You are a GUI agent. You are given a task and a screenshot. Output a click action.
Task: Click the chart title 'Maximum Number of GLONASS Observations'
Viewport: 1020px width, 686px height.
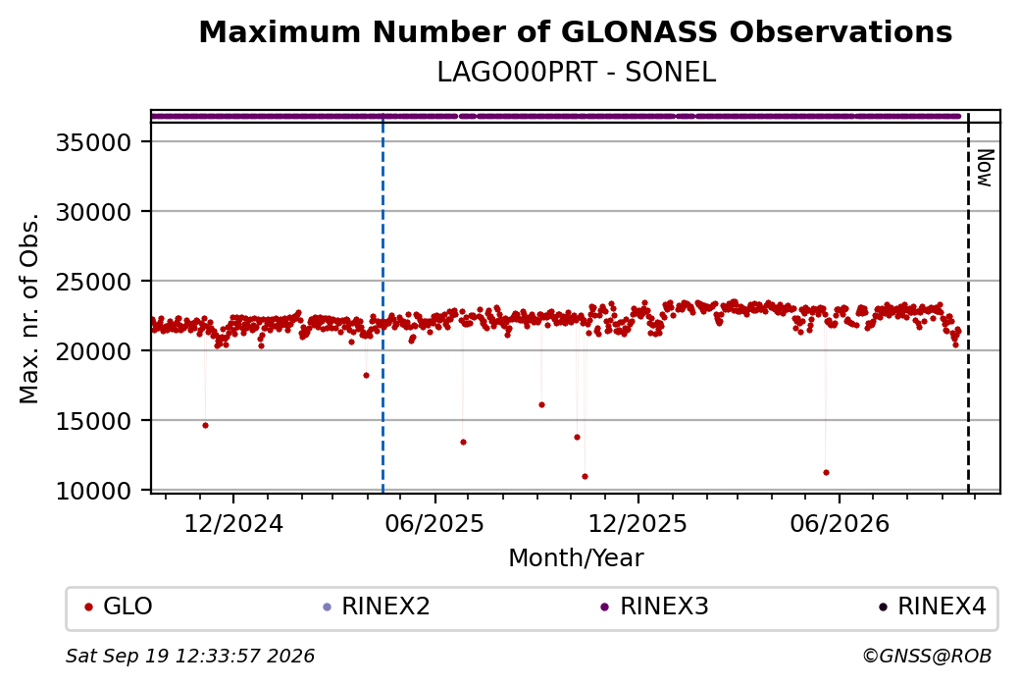(x=575, y=31)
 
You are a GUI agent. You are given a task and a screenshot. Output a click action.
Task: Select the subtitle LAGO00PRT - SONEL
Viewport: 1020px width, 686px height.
(x=576, y=73)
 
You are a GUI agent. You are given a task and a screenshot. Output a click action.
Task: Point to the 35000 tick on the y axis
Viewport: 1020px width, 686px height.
(x=94, y=142)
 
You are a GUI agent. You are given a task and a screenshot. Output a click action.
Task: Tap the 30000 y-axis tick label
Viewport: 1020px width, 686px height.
(x=94, y=212)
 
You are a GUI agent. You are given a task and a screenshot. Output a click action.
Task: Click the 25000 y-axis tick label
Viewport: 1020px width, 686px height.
(x=94, y=281)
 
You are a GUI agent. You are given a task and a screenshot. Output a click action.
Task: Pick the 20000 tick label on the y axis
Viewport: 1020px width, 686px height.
(x=94, y=350)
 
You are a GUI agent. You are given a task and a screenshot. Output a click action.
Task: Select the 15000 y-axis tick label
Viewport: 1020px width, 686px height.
(x=94, y=420)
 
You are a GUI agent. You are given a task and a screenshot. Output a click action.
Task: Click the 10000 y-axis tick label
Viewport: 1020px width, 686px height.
(x=94, y=490)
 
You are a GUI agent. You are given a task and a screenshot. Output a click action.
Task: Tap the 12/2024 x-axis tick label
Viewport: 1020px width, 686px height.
(x=233, y=523)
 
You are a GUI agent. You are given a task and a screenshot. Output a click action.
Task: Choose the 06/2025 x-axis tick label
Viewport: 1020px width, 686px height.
(x=434, y=523)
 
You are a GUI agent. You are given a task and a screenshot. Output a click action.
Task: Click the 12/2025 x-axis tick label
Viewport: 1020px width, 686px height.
(x=637, y=523)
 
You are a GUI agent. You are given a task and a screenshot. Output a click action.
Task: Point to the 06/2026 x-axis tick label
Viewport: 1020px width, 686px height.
(x=840, y=523)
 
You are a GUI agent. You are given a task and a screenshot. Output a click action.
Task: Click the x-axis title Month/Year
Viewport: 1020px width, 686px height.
(x=576, y=557)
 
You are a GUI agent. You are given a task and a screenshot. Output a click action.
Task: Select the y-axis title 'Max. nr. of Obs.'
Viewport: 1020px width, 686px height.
(x=29, y=308)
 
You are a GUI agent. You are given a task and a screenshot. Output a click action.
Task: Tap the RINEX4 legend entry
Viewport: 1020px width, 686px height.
(x=932, y=607)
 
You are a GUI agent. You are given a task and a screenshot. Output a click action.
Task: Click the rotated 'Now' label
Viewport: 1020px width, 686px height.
(x=985, y=168)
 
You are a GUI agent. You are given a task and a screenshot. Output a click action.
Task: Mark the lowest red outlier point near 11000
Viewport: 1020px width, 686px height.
(x=585, y=476)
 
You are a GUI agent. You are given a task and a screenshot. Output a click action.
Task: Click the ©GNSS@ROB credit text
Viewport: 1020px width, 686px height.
(x=927, y=656)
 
